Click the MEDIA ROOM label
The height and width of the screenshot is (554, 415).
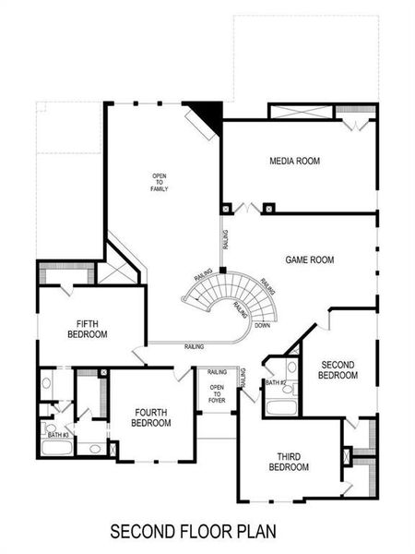point(294,161)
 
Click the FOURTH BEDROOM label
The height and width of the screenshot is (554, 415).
point(152,417)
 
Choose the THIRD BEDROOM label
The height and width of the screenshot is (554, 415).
point(289,462)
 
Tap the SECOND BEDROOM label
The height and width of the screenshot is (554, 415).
point(338,369)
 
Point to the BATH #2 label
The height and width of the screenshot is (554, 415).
point(274,382)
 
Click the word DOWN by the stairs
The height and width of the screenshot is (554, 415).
point(263,325)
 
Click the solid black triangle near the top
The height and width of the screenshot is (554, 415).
point(209,114)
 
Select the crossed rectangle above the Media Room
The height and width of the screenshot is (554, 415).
point(301,112)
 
